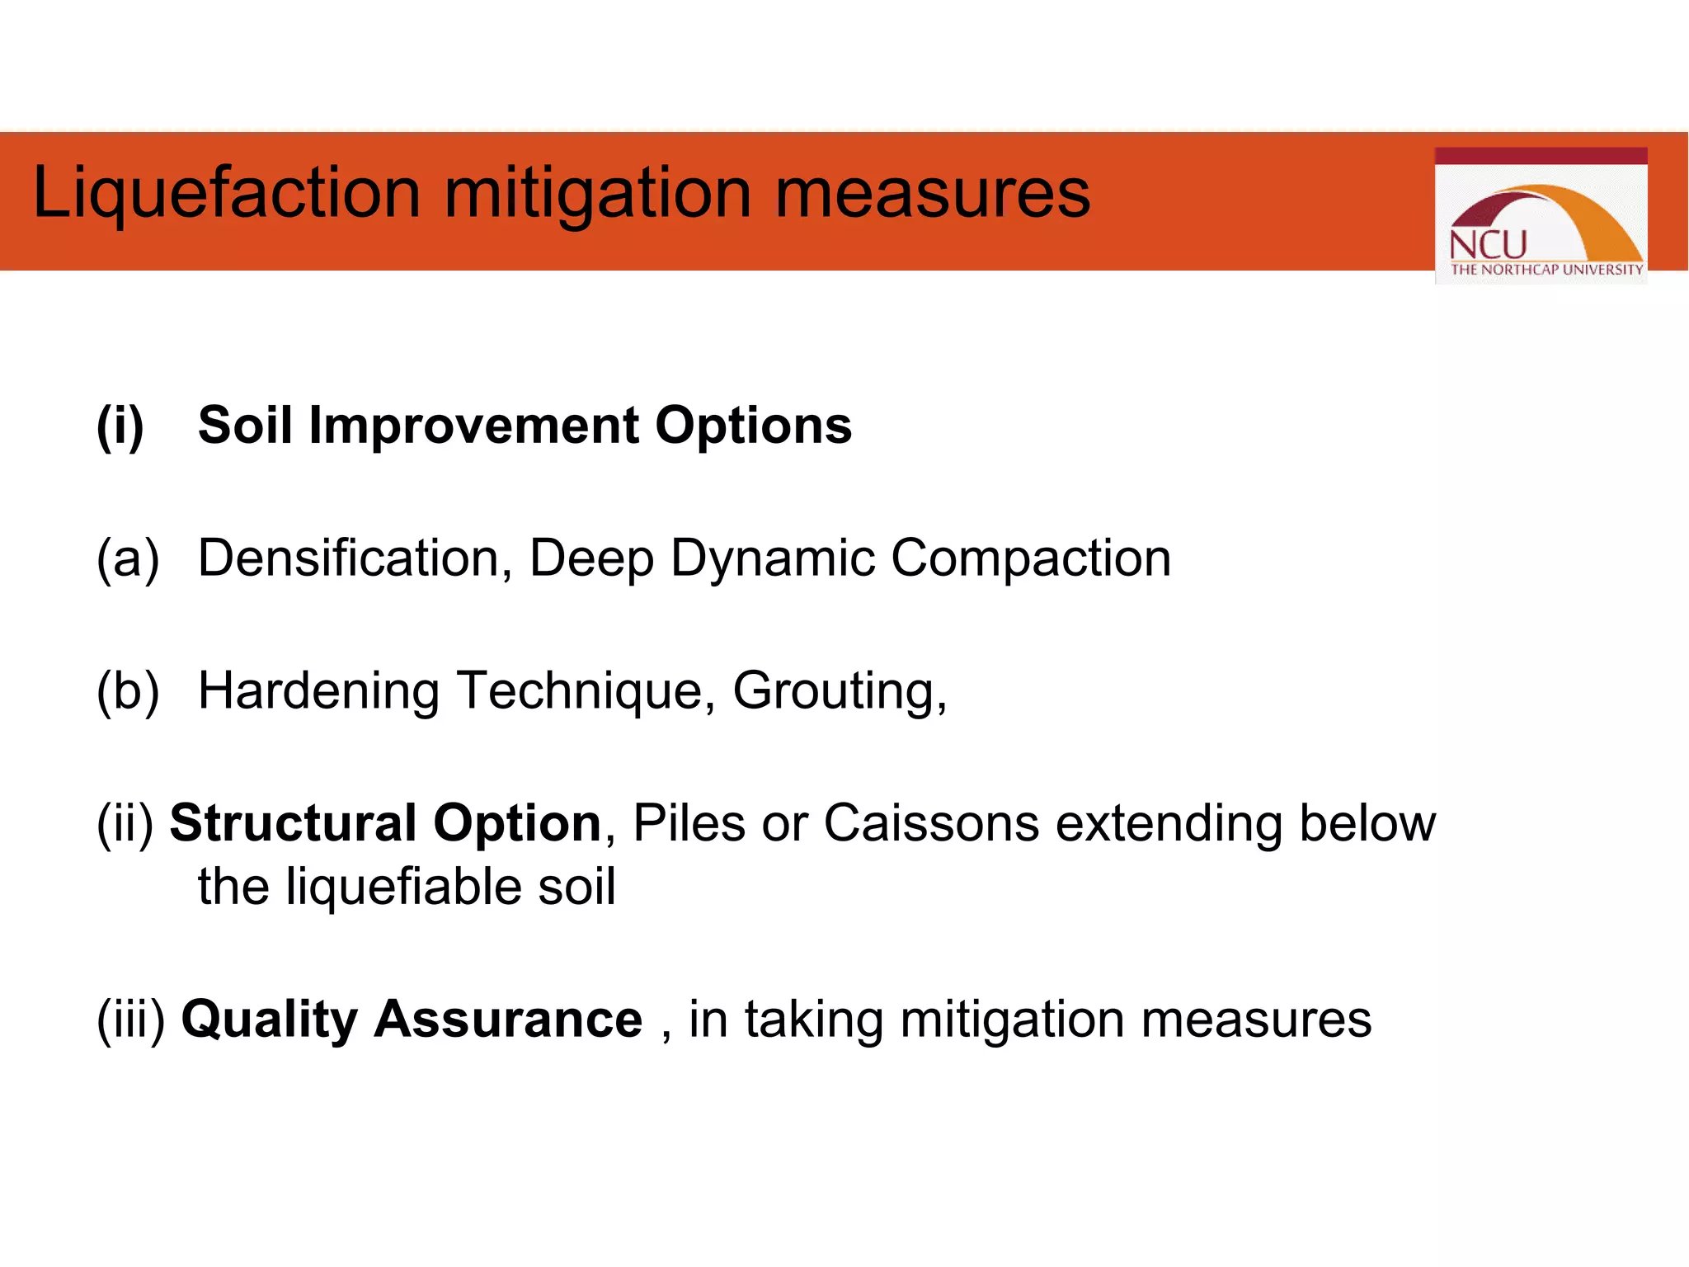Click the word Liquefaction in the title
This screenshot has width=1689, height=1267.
tap(227, 193)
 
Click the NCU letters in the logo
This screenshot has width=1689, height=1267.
tap(1488, 245)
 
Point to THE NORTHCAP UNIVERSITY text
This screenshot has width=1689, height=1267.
tap(1546, 270)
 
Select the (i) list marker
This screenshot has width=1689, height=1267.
tap(120, 426)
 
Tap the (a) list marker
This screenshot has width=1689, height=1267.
tap(128, 558)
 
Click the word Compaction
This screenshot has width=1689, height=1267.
tap(1031, 558)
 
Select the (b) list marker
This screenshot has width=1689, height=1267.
tap(128, 690)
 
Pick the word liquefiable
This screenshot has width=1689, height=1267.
tap(403, 887)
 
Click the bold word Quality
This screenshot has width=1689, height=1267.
tap(269, 1020)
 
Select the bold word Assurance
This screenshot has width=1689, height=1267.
tap(508, 1020)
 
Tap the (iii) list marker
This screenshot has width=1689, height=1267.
tap(131, 1020)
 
